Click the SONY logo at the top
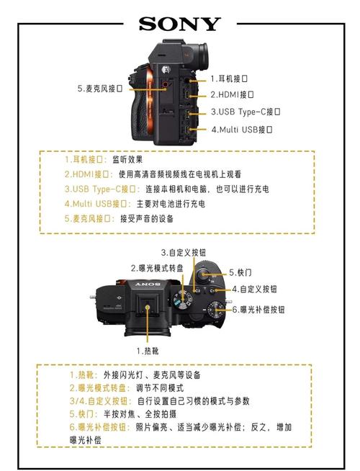179,24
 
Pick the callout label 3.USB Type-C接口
246,112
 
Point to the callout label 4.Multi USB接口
242,130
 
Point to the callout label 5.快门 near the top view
240,272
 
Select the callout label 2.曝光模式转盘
156,268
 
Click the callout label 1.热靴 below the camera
148,351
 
